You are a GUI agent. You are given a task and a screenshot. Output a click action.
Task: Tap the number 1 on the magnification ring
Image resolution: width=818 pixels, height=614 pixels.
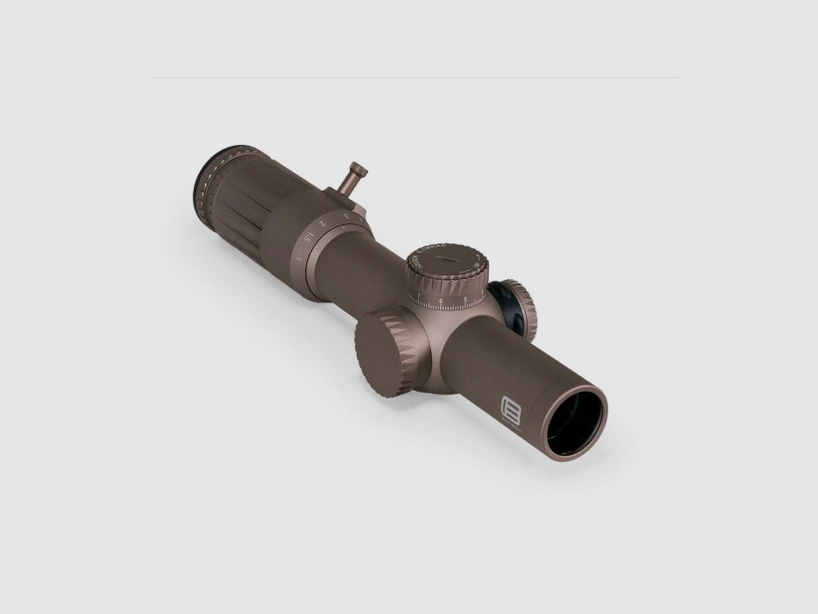(x=299, y=258)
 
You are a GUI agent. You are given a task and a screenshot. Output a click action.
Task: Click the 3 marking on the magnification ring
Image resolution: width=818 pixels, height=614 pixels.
(x=347, y=216)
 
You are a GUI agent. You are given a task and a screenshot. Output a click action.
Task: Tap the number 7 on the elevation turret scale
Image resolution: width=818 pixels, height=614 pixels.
(x=419, y=296)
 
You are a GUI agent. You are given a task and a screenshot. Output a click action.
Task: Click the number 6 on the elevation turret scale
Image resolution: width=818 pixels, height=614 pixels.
(x=441, y=301)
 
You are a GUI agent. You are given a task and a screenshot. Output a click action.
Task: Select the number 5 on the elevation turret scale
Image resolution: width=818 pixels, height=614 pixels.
(x=466, y=300)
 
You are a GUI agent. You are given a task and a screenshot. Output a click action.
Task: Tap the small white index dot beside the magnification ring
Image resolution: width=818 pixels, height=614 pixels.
(x=345, y=228)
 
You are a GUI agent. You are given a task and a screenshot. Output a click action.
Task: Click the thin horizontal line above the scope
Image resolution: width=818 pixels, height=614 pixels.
(x=416, y=77)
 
